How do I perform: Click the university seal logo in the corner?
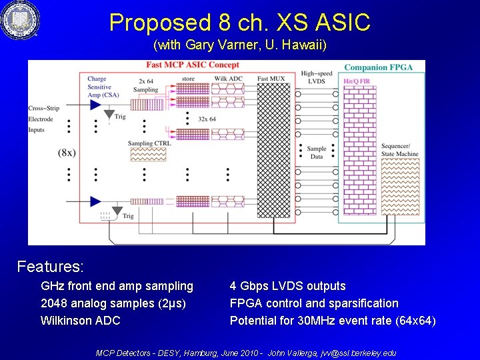point(19,21)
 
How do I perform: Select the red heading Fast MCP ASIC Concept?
point(193,65)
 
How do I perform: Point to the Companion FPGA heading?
point(378,67)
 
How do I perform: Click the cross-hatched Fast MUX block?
point(273,150)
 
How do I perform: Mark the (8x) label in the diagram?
point(67,152)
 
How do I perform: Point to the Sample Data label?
point(316,153)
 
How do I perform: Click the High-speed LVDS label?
point(316,77)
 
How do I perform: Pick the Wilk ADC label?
point(228,79)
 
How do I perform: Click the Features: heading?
point(50,267)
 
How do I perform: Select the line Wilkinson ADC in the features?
point(80,321)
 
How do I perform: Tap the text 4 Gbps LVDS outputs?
point(287,286)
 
